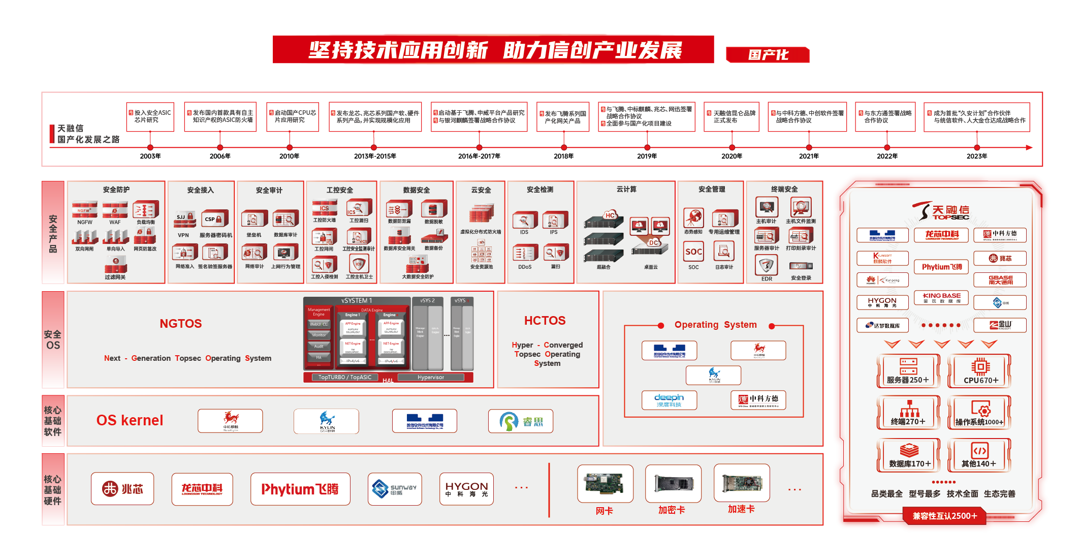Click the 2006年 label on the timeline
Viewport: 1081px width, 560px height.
pos(220,156)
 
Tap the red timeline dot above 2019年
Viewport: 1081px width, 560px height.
pos(647,147)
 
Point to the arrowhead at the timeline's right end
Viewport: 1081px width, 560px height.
pos(1029,147)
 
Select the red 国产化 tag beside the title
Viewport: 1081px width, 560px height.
pos(768,54)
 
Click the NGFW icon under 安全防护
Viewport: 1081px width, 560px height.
pos(85,209)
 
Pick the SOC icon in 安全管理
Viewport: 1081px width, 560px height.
pos(693,252)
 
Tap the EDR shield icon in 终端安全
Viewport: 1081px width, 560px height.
pos(767,265)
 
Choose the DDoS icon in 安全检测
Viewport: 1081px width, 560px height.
pos(525,253)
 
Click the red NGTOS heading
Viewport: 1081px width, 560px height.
pos(180,324)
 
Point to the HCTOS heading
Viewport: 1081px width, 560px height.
pos(545,321)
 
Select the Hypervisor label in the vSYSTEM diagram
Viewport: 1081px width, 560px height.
pos(431,377)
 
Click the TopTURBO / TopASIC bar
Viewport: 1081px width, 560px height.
pos(345,377)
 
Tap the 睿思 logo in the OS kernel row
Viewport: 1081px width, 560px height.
pos(521,421)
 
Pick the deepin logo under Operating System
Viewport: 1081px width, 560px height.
pos(669,400)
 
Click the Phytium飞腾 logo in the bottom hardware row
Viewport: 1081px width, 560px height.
pos(300,489)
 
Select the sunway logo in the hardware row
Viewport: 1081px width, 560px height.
pos(395,489)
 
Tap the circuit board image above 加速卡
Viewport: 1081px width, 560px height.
pos(742,483)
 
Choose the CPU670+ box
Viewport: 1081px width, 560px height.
pos(980,371)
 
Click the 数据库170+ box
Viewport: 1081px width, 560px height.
pos(909,455)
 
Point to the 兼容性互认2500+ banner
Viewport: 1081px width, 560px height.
pos(944,516)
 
